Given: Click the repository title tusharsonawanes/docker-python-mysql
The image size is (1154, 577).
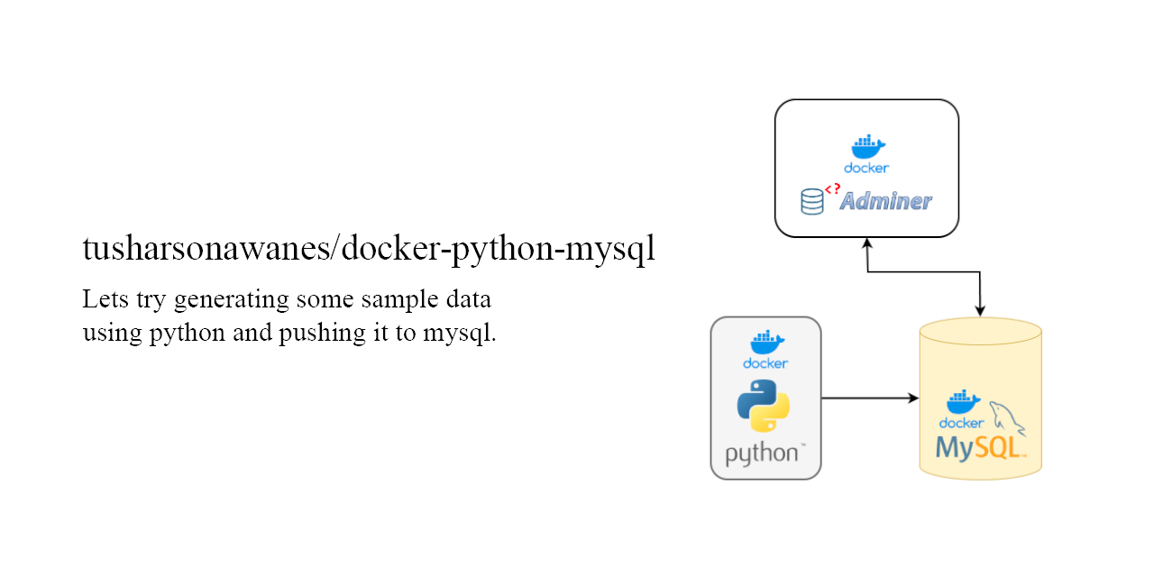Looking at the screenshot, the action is (x=369, y=250).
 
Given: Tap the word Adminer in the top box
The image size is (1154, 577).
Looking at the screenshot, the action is (x=885, y=201).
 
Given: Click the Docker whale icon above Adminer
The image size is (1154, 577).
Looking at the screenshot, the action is (x=868, y=147).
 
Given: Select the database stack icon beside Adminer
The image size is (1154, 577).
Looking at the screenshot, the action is (x=812, y=201).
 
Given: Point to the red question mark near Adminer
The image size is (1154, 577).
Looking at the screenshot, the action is (x=838, y=188).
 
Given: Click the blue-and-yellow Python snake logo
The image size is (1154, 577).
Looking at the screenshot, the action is (x=763, y=406).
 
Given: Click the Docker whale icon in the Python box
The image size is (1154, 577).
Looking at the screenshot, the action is (x=767, y=342).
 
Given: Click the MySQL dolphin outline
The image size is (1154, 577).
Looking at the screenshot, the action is (x=1007, y=417).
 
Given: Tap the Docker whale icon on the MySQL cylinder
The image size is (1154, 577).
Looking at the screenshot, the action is (x=964, y=402).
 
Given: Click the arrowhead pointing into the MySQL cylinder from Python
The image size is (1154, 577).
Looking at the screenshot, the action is (x=913, y=398).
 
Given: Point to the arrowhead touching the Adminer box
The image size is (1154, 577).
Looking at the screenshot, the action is (x=867, y=244).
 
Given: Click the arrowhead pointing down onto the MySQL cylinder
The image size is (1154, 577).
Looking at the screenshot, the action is (x=980, y=310).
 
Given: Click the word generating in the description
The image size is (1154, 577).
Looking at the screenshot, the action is (x=232, y=300).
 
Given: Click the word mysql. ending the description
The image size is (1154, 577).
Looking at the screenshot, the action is (x=460, y=334).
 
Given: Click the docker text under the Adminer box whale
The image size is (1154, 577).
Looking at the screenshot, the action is (x=866, y=168).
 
